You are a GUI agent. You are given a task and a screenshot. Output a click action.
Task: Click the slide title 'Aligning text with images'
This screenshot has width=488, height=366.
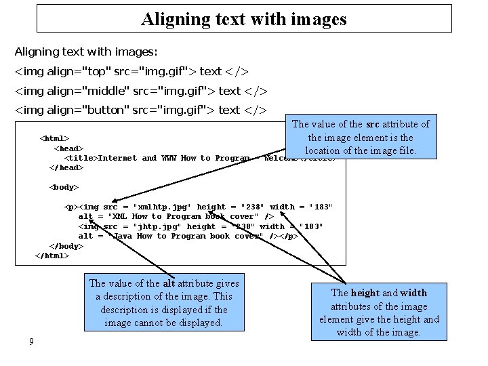(244, 18)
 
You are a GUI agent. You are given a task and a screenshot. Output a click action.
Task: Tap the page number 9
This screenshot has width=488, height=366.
(31, 342)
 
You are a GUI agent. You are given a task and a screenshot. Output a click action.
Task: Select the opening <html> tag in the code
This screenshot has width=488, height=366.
(55, 138)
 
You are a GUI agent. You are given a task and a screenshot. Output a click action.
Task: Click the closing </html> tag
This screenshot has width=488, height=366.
(52, 256)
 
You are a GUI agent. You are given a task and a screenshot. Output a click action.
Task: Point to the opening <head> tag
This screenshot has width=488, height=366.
(68, 148)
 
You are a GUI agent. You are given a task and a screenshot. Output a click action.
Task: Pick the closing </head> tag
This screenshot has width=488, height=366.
(66, 167)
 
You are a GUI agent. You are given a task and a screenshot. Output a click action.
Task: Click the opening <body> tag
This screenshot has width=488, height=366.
(64, 186)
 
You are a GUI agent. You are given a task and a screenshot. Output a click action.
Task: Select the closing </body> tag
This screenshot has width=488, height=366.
(66, 246)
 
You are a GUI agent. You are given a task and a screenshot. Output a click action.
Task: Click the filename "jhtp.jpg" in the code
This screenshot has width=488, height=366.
(157, 226)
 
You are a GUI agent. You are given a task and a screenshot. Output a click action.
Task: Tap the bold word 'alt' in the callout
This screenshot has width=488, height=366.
(171, 283)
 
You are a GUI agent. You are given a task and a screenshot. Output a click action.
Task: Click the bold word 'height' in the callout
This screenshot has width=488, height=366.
(365, 293)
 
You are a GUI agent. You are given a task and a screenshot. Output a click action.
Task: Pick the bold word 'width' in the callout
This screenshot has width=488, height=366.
(413, 293)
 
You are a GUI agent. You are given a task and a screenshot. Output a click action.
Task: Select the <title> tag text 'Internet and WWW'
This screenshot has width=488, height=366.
(138, 158)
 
